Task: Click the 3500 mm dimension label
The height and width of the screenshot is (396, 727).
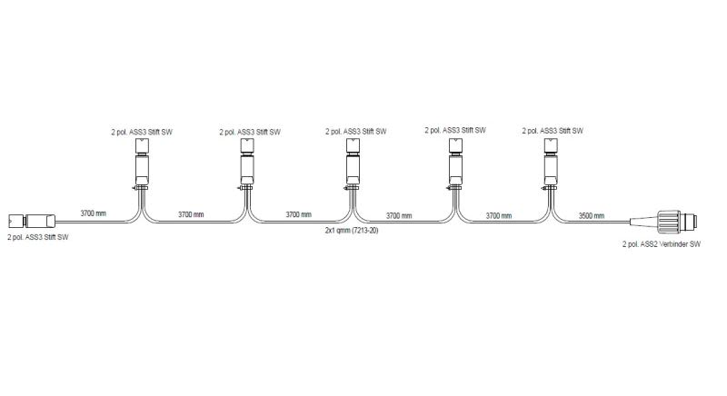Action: [x=592, y=216]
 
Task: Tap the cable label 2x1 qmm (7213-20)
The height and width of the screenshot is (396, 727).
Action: [x=352, y=230]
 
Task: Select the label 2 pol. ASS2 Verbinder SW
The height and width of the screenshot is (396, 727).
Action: [x=662, y=244]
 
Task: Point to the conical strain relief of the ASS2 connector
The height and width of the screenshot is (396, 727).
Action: [x=644, y=221]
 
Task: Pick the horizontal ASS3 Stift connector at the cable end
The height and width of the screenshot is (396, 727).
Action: [x=32, y=221]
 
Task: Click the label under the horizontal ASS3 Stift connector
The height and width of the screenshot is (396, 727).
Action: [x=38, y=237]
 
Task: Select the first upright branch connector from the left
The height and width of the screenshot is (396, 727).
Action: [x=142, y=164]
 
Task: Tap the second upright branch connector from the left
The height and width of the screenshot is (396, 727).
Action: [x=247, y=164]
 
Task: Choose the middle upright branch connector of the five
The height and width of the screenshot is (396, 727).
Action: [x=353, y=164]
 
